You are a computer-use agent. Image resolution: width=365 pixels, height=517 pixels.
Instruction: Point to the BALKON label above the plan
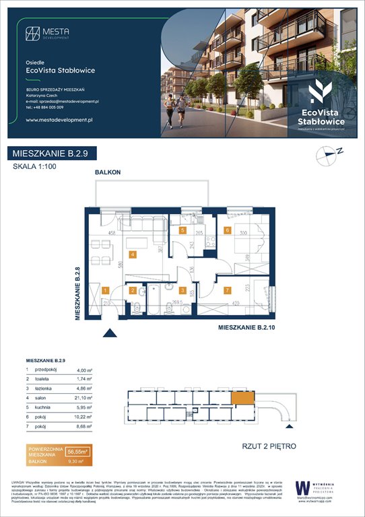point(108,172)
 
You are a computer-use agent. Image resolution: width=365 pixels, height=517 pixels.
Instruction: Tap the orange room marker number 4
point(133,254)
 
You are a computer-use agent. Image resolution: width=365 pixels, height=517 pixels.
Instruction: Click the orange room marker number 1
point(105,290)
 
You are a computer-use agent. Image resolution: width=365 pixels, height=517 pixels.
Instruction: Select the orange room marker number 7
point(228,290)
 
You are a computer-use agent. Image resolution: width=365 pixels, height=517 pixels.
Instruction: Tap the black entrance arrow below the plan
point(107,331)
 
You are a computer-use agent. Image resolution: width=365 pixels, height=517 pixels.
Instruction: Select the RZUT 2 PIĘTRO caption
point(269,446)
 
